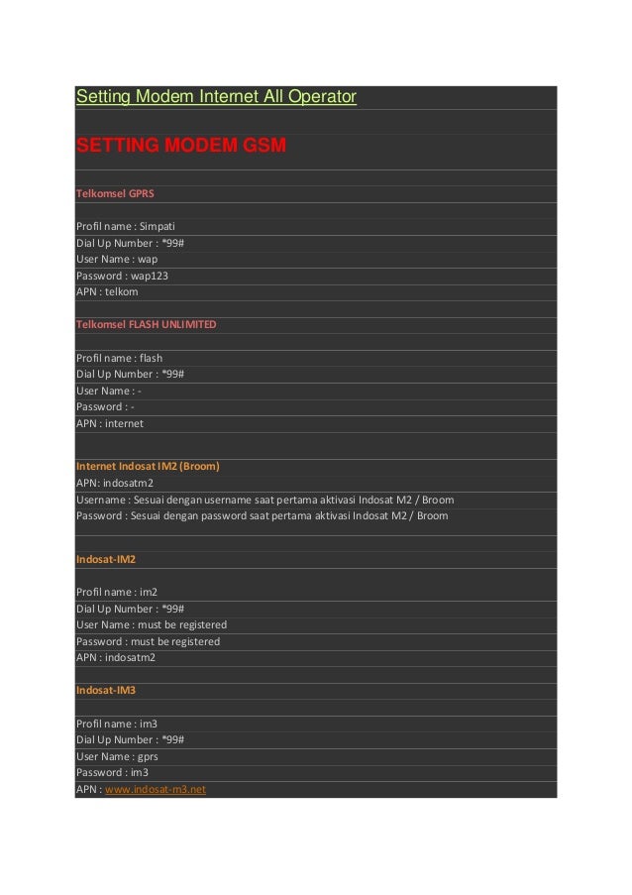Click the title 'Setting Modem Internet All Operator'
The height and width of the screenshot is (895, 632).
(216, 97)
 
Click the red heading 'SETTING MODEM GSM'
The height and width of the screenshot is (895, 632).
(181, 147)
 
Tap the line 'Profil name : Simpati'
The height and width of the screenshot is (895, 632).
(125, 226)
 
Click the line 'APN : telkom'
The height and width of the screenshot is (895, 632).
(107, 292)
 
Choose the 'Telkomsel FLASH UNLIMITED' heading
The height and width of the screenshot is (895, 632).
(146, 324)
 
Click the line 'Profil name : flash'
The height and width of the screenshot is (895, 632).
(119, 358)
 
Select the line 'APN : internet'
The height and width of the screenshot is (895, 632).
(110, 423)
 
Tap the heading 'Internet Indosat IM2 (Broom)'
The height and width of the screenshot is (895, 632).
(148, 466)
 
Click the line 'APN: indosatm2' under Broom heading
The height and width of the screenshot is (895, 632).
(115, 483)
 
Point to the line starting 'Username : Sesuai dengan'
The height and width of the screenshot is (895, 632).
(264, 500)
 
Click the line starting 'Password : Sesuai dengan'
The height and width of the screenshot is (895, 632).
(262, 515)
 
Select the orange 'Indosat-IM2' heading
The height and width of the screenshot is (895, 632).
(106, 559)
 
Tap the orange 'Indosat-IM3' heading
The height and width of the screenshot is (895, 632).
(106, 690)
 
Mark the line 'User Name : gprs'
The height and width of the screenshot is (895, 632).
(117, 756)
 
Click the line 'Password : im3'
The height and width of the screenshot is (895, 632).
(112, 772)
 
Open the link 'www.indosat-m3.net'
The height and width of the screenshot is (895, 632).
(156, 789)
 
